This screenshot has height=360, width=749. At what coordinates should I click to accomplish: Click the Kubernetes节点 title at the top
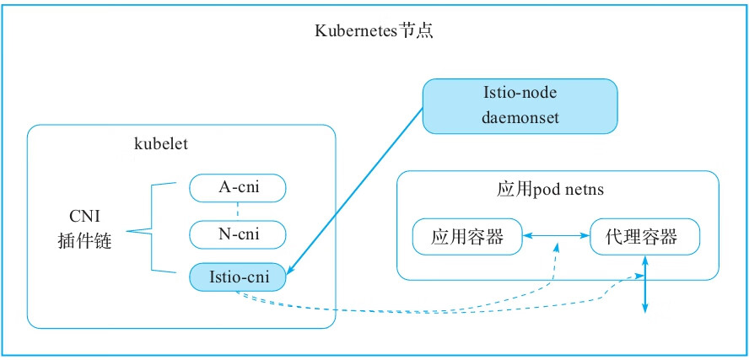374,32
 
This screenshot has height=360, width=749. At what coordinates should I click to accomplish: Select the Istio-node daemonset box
520,106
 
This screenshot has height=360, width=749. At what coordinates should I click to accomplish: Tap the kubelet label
161,143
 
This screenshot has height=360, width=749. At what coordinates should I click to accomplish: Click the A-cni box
238,187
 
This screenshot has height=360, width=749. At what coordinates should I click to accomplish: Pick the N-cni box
238,234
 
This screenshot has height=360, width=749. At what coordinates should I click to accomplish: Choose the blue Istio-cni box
238,277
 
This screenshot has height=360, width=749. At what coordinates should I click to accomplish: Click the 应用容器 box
466,237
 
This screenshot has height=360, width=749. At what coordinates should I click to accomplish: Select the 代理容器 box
646,237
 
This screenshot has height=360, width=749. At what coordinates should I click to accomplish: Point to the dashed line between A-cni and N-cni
238,210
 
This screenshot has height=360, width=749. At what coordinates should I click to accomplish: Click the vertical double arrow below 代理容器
646,287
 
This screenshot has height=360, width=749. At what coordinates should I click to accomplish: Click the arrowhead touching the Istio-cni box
291,272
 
